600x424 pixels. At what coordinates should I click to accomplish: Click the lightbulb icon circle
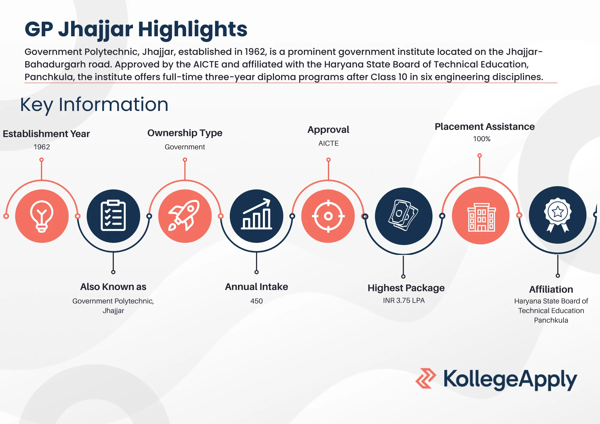click(42, 216)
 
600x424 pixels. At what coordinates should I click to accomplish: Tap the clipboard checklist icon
click(113, 216)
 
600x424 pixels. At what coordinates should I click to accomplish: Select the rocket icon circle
click(185, 216)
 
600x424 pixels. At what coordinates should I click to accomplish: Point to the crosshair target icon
click(328, 216)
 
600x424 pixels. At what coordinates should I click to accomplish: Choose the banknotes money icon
click(403, 215)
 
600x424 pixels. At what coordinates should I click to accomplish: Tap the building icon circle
click(481, 216)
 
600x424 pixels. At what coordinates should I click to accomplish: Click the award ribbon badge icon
click(558, 215)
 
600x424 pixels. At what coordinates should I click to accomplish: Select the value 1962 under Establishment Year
click(42, 147)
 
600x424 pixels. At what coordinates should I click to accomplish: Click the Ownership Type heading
click(185, 133)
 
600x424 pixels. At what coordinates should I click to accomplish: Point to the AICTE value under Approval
click(328, 143)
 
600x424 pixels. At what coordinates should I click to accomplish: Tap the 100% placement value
click(482, 139)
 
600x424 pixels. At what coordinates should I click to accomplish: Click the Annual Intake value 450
click(256, 301)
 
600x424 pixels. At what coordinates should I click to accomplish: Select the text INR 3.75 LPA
click(404, 300)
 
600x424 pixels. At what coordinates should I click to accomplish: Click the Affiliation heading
click(551, 289)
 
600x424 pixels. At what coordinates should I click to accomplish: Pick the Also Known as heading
click(113, 287)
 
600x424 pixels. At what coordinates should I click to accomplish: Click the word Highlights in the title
click(193, 29)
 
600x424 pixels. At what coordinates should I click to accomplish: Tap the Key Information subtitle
click(94, 105)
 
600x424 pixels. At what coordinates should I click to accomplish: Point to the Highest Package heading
click(406, 288)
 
